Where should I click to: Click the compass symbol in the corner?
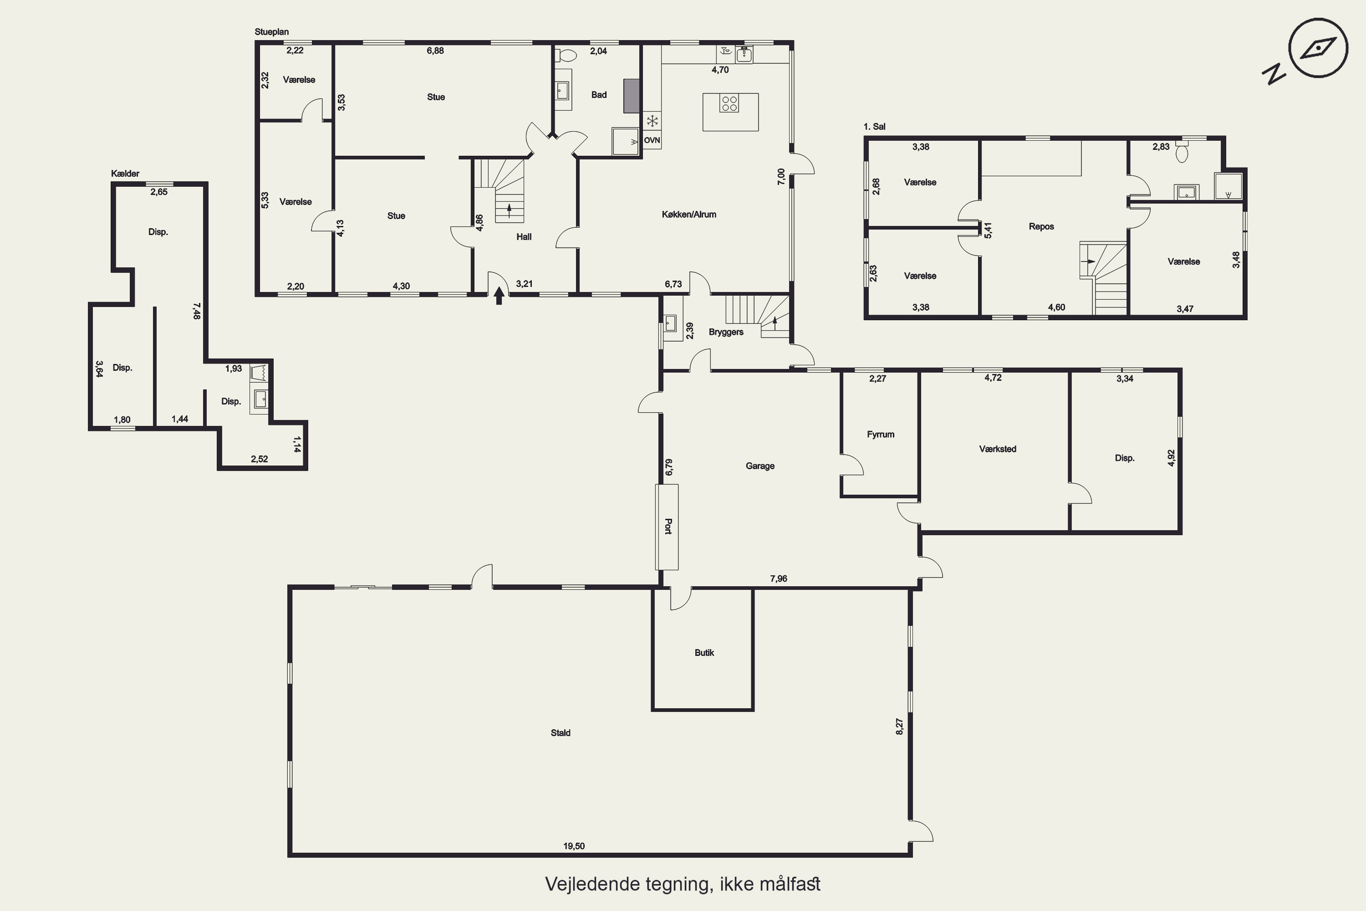point(1317,49)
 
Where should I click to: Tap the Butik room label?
point(704,652)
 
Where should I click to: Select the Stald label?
point(561,732)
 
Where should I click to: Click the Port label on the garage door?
point(668,527)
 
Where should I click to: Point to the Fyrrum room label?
point(881,435)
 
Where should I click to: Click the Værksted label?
point(998,449)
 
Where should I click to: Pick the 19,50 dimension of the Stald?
point(574,846)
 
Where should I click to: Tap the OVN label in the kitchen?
point(652,140)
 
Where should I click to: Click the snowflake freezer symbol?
point(652,121)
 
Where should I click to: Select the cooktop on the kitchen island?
point(729,104)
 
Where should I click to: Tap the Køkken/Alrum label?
point(689,215)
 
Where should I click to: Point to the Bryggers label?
point(726,332)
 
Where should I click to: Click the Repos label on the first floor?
point(1041,226)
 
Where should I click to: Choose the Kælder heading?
point(125,173)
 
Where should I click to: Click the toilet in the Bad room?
point(565,55)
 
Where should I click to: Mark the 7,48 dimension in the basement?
point(197,310)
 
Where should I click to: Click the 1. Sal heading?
point(874,126)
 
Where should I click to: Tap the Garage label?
point(760,466)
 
